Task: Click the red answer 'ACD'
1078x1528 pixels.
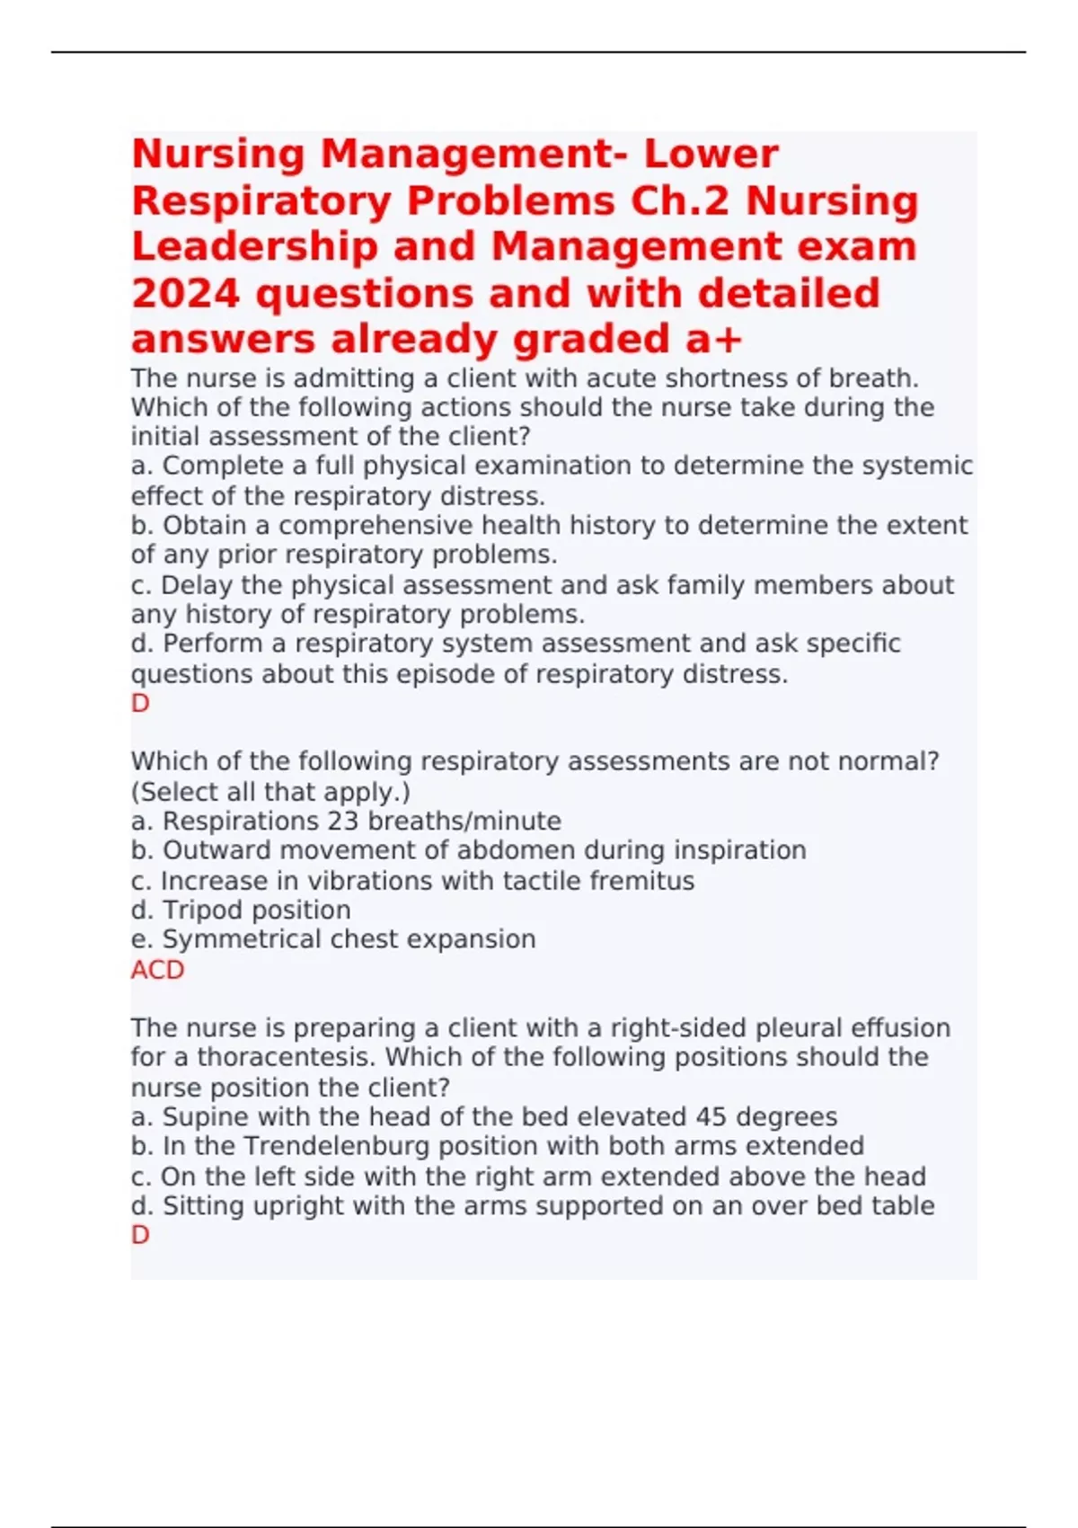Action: [157, 970]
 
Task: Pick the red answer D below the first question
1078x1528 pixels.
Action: [140, 703]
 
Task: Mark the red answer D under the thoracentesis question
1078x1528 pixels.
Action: [140, 1235]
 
